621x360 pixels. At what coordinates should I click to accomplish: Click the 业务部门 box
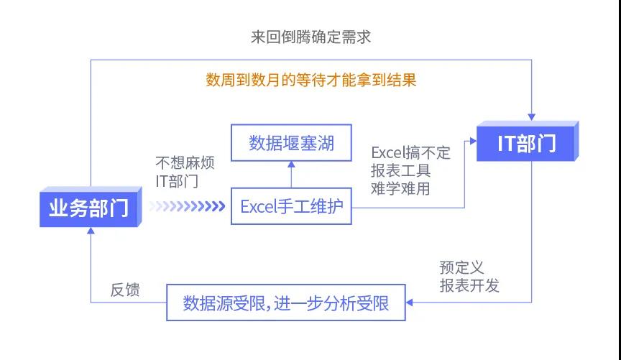coord(89,208)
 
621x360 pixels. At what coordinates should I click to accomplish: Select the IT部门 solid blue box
coord(527,143)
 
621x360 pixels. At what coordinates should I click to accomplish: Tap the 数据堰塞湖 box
coord(291,144)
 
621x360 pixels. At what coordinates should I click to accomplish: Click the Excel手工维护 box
coord(291,207)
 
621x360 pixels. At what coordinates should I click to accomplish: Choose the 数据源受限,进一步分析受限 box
coord(286,303)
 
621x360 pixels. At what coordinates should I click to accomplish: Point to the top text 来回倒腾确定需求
coord(310,37)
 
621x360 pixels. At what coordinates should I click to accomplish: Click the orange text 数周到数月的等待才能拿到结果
coord(310,80)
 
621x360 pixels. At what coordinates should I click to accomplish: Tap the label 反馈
coord(124,290)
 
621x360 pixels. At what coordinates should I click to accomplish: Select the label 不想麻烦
coord(184,162)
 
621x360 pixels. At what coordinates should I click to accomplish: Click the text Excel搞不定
coord(410,152)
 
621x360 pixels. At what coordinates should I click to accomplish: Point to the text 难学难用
coord(400,189)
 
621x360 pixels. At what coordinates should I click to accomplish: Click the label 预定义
coord(461,267)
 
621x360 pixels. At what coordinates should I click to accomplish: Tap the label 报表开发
coord(469,285)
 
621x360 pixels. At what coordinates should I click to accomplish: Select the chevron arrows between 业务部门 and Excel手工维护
coord(188,207)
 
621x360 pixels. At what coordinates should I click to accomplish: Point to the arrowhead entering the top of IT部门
coord(532,116)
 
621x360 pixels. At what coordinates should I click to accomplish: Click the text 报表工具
coord(400,171)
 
